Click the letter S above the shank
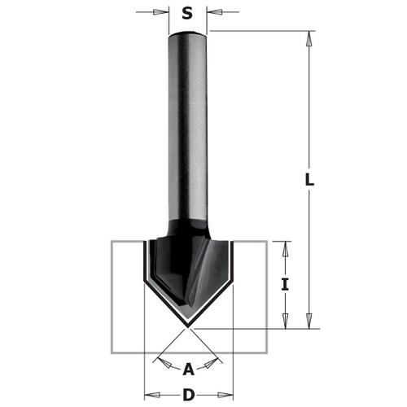coord(187,13)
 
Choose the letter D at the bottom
coord(188,396)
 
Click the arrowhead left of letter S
coord(163,13)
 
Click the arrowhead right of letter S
coord(213,13)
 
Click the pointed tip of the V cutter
coord(189,326)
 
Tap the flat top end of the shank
coord(188,33)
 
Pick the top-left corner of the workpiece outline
coord(112,242)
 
